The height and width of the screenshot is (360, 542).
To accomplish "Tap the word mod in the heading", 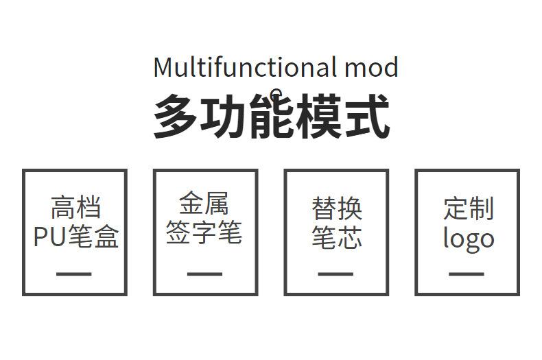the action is click(371, 68).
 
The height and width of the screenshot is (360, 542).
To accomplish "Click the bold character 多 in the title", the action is click(175, 117).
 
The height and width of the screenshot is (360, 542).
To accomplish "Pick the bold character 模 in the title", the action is click(319, 117).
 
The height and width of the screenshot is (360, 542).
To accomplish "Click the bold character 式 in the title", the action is click(367, 117).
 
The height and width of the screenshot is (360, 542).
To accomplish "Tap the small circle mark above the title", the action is click(276, 93).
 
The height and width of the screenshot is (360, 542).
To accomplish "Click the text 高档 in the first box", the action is click(75, 207).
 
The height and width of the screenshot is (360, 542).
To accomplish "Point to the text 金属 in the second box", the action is click(204, 204).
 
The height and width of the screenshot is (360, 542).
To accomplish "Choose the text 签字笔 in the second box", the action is click(204, 233).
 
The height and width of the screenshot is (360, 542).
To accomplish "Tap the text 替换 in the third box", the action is click(337, 207).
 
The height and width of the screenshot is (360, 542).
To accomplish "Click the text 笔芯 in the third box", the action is click(337, 237).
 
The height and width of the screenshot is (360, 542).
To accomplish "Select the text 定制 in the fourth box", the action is click(468, 207).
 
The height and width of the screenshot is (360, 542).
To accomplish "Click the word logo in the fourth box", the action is click(468, 239).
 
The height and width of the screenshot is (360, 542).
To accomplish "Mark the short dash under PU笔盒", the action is click(74, 274).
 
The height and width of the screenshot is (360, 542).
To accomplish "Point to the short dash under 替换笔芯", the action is click(336, 274).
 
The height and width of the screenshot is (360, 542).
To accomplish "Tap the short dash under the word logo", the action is click(467, 274).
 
